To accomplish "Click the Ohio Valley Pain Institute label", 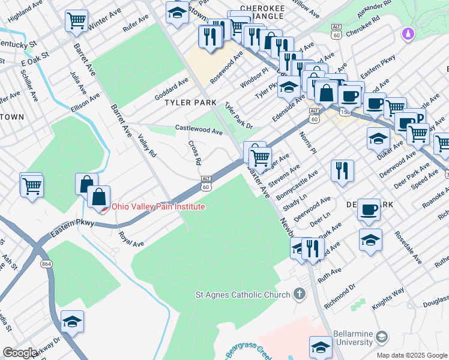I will (x=158, y=207).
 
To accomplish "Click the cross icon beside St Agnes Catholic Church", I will (x=300, y=295).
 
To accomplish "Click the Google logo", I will (x=19, y=353).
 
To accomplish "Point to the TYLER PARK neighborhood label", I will (x=190, y=103).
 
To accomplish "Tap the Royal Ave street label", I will (x=131, y=239).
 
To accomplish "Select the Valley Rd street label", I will (x=147, y=146).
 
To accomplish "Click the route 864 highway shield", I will (x=46, y=263).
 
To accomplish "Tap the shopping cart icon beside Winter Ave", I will (x=77, y=21).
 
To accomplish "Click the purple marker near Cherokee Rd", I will (x=409, y=34).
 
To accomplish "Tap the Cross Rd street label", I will (x=194, y=153).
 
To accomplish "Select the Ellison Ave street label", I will (x=85, y=102).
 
